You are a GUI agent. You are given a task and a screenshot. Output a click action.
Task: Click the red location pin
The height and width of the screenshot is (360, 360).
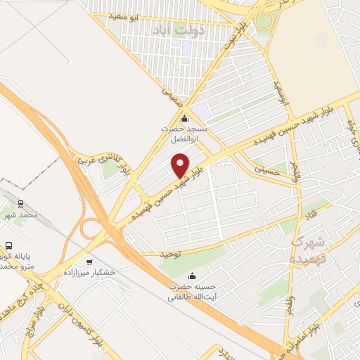181,165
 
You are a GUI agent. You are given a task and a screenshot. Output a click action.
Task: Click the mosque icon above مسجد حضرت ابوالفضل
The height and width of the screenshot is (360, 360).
184,118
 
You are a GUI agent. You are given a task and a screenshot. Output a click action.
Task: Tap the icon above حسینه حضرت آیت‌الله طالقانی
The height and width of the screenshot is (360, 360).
192,274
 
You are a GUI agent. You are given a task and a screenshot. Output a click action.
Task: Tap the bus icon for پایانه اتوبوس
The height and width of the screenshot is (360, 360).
8,246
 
